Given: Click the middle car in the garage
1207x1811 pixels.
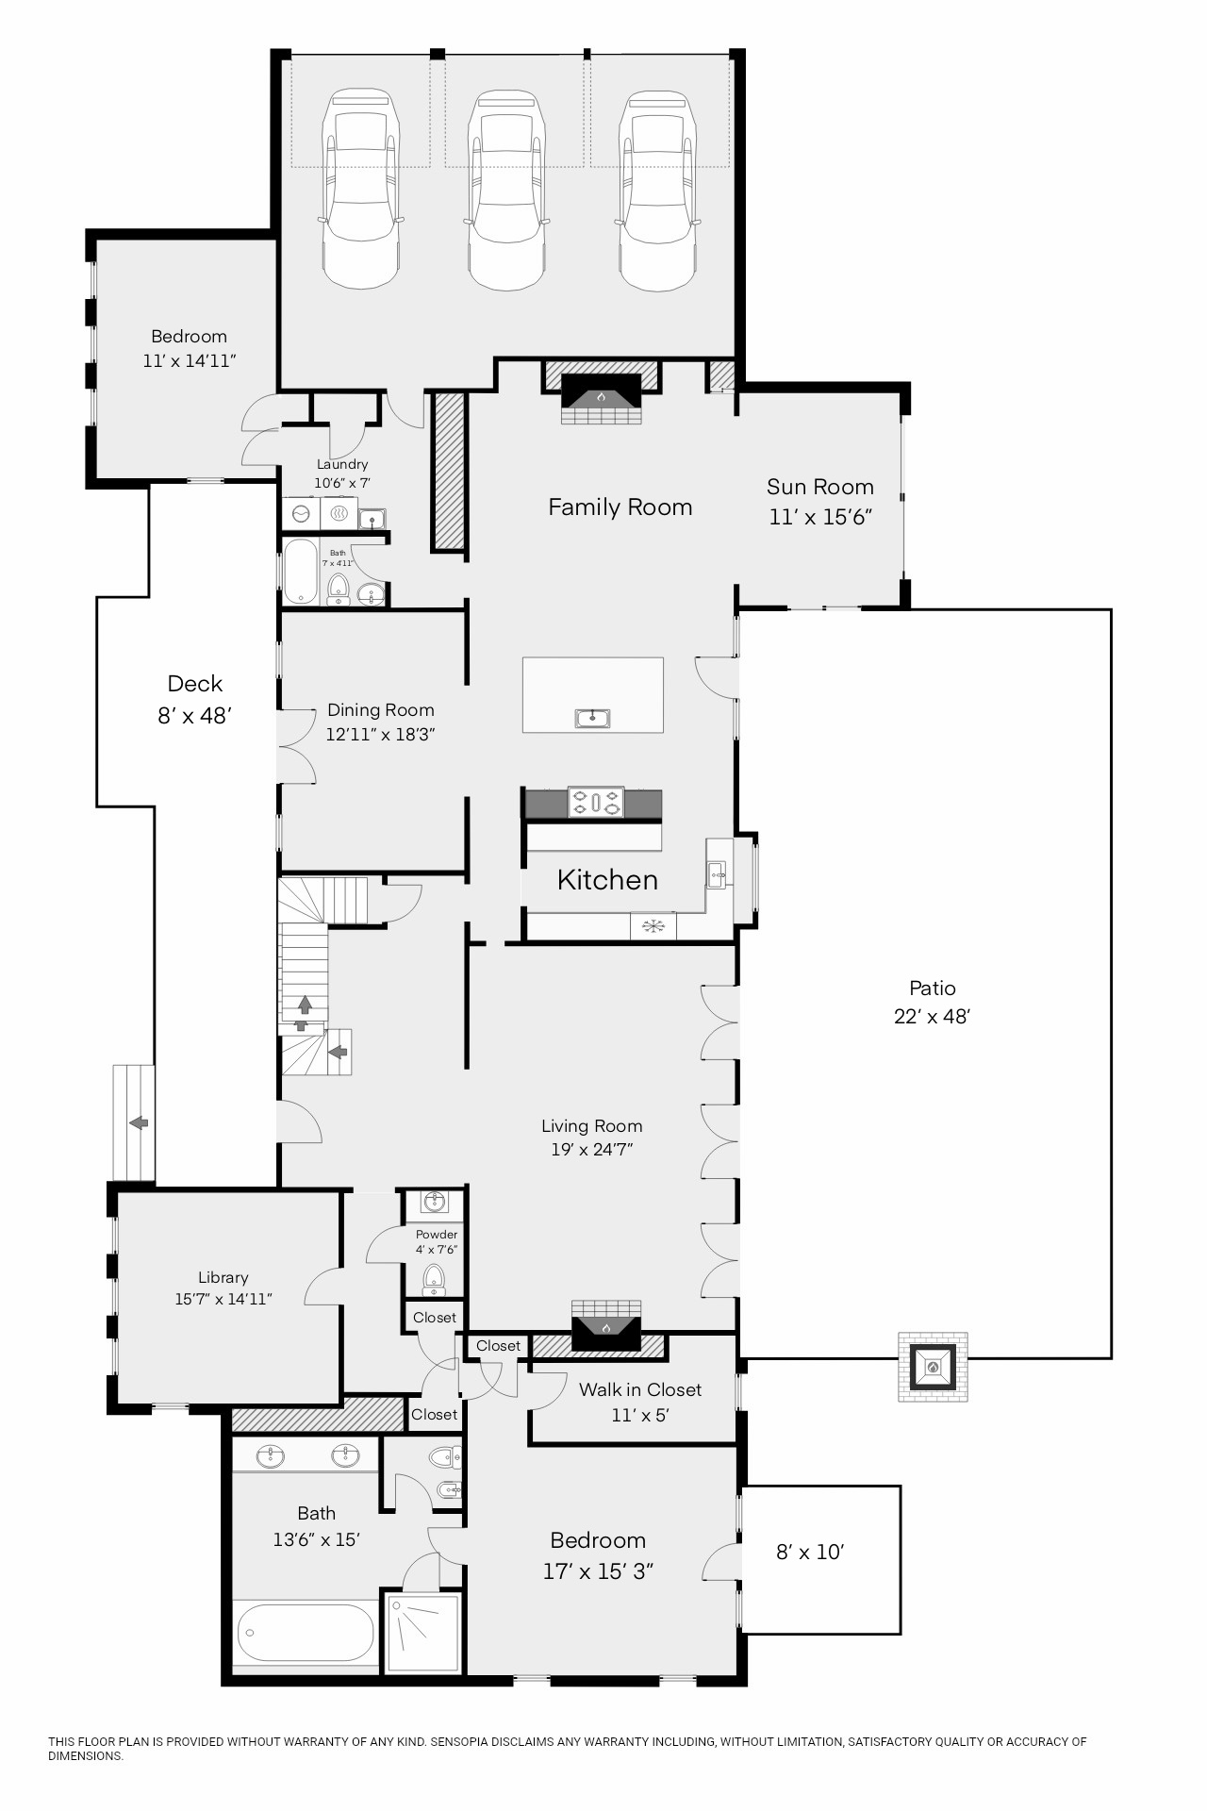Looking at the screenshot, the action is click(x=506, y=190).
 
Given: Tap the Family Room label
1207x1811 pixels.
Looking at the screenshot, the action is click(x=620, y=507).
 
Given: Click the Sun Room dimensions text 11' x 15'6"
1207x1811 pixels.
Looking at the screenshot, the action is click(x=820, y=517).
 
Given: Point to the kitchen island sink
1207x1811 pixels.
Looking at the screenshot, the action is click(x=592, y=719).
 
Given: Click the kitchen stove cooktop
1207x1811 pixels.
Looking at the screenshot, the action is click(x=596, y=803).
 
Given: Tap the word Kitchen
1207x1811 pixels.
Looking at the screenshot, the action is click(x=607, y=880).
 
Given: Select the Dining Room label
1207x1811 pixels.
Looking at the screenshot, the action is click(x=381, y=710).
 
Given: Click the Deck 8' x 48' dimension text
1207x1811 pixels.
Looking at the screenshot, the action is click(x=194, y=716).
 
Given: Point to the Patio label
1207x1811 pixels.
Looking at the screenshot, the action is click(x=933, y=989).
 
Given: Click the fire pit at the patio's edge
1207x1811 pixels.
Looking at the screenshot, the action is click(x=933, y=1367).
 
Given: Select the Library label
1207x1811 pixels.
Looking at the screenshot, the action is click(x=223, y=1278).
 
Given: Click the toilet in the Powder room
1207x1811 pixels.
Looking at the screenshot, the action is click(x=434, y=1279).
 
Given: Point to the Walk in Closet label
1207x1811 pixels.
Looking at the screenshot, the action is click(x=640, y=1389).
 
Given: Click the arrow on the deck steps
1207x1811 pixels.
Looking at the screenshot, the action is click(x=139, y=1122).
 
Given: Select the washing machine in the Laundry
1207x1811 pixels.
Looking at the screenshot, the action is click(x=301, y=514).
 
